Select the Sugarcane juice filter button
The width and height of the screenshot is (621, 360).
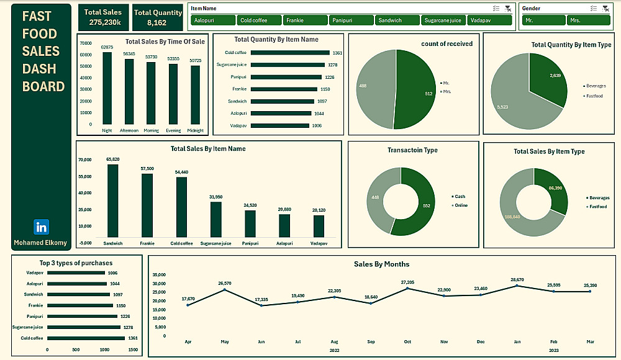(x=443, y=20)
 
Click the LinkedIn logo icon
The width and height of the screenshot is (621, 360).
(x=41, y=227)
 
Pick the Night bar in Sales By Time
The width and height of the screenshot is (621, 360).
(x=107, y=88)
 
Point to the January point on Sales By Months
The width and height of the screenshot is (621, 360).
(x=517, y=286)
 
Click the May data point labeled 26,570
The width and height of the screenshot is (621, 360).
(x=225, y=290)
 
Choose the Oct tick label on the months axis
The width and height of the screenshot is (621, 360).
(x=407, y=341)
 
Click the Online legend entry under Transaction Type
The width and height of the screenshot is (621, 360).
(x=461, y=205)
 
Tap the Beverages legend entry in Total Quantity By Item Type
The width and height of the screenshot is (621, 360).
(x=596, y=86)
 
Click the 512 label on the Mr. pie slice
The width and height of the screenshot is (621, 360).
(x=428, y=94)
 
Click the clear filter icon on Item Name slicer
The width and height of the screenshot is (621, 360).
(x=508, y=9)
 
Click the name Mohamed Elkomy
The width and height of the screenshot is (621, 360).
(x=41, y=243)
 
